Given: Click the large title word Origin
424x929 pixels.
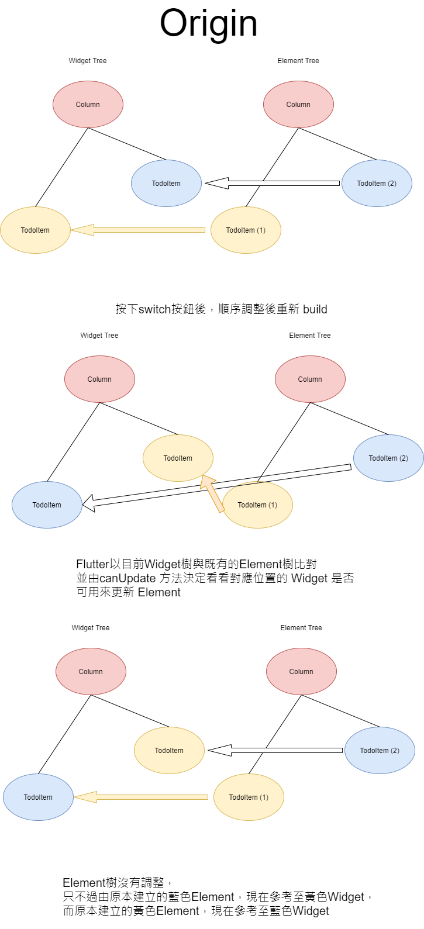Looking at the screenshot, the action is click(208, 24).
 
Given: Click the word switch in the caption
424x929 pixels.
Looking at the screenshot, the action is click(154, 309).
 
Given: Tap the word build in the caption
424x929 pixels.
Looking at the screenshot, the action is click(315, 309).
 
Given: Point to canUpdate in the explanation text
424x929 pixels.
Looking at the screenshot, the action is click(127, 578).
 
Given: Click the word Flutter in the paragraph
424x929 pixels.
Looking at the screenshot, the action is click(92, 564).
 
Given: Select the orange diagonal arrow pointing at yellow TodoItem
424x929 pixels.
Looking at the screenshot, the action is click(212, 493).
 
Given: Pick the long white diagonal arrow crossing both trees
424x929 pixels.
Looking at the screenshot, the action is click(216, 488).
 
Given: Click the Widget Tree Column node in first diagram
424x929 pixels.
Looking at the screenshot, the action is click(88, 105).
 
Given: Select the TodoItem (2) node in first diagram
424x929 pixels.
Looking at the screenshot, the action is click(377, 184).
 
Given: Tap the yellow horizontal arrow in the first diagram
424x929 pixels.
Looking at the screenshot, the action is click(138, 230).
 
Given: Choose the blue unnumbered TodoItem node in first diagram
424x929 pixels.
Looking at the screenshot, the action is click(166, 184).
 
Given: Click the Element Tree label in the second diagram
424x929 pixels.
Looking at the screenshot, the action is click(310, 336).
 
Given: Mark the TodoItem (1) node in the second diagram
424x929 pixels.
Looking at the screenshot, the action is click(258, 505).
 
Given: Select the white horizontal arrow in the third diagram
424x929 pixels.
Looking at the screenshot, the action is click(275, 750).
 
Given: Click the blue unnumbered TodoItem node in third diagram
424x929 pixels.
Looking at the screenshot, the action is click(38, 797).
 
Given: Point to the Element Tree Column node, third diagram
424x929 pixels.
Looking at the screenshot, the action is click(301, 671).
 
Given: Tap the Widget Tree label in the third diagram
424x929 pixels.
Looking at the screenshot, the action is click(91, 628).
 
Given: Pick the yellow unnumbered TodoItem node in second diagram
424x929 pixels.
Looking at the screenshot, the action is click(178, 458).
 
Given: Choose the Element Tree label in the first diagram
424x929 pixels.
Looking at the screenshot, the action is click(298, 61).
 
